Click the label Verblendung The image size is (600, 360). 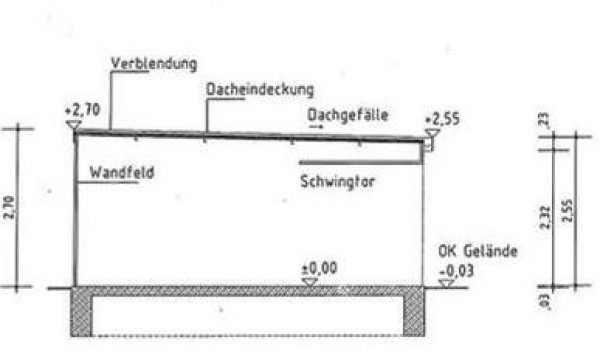pyautogui.click(x=154, y=64)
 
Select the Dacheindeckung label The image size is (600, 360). pyautogui.click(x=260, y=90)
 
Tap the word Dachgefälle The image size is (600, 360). pyautogui.click(x=348, y=115)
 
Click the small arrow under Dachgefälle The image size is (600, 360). pyautogui.click(x=316, y=127)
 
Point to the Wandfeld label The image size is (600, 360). pyautogui.click(x=122, y=172)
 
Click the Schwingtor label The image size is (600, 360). pyautogui.click(x=337, y=181)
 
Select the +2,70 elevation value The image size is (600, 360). pyautogui.click(x=82, y=110)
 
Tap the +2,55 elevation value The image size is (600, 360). pyautogui.click(x=442, y=119)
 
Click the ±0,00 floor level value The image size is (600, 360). pyautogui.click(x=320, y=268)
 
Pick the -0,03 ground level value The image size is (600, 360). pyautogui.click(x=457, y=271)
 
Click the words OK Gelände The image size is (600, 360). pyautogui.click(x=478, y=251)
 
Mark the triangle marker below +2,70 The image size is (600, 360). pyautogui.click(x=73, y=125)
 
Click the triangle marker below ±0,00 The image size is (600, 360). pyautogui.click(x=310, y=282)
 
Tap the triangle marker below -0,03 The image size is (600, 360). pyautogui.click(x=446, y=283)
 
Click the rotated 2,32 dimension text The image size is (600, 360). pyautogui.click(x=545, y=217)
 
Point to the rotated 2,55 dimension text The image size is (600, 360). pyautogui.click(x=568, y=211)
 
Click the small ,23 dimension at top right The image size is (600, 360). pyautogui.click(x=545, y=120)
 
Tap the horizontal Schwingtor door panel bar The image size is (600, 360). pyautogui.click(x=360, y=163)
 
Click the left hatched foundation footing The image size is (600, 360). pyautogui.click(x=81, y=311)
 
